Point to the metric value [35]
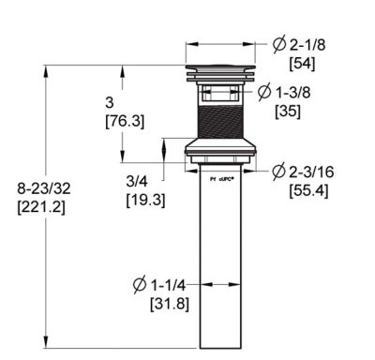[x=288, y=111]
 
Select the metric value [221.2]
[x=41, y=207]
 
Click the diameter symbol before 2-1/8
[x=279, y=44]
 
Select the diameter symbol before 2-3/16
[x=279, y=172]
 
